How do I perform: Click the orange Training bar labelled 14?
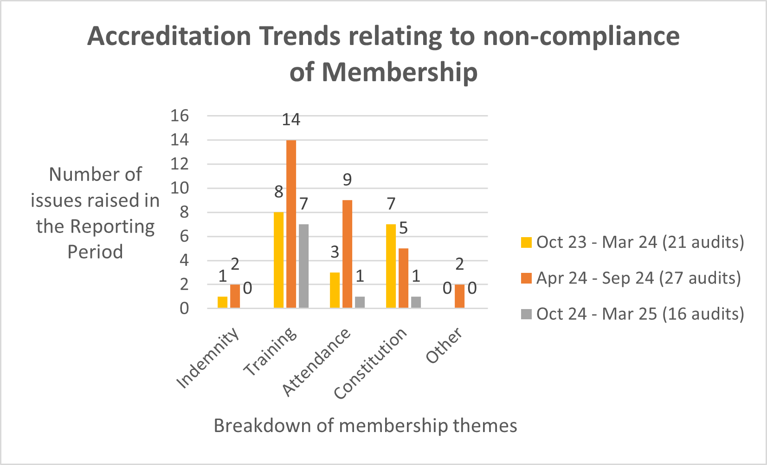pyautogui.click(x=291, y=224)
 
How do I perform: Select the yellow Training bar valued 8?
pyautogui.click(x=278, y=260)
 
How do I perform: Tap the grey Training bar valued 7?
pyautogui.click(x=303, y=266)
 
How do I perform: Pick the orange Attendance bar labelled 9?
pyautogui.click(x=347, y=254)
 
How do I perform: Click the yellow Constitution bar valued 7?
pyautogui.click(x=391, y=266)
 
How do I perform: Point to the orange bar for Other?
pyautogui.click(x=459, y=296)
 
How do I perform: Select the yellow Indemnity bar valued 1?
pyautogui.click(x=222, y=302)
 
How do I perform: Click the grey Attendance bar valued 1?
pyautogui.click(x=360, y=302)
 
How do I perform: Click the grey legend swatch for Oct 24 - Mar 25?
pyautogui.click(x=526, y=314)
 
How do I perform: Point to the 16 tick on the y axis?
pyautogui.click(x=180, y=116)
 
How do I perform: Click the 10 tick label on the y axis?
pyautogui.click(x=180, y=188)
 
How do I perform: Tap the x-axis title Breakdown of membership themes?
pyautogui.click(x=365, y=426)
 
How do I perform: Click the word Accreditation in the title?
pyautogui.click(x=169, y=36)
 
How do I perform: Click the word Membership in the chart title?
pyautogui.click(x=400, y=72)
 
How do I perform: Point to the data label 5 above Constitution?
pyautogui.click(x=403, y=228)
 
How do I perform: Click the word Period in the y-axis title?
pyautogui.click(x=95, y=252)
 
